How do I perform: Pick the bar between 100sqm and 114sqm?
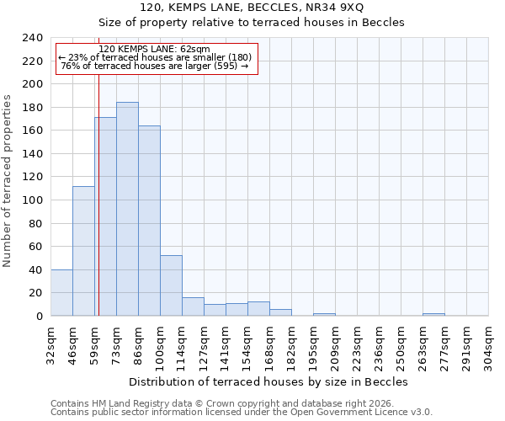171,285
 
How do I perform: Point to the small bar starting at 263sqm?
433,314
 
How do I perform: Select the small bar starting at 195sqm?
324,314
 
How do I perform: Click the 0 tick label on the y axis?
39,317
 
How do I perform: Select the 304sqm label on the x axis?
488,344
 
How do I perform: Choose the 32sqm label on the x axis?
50,344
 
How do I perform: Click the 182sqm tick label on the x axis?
291,344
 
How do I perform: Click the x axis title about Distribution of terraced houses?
268,381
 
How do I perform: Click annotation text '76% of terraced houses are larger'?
155,66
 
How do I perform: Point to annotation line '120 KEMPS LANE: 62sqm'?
155,49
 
